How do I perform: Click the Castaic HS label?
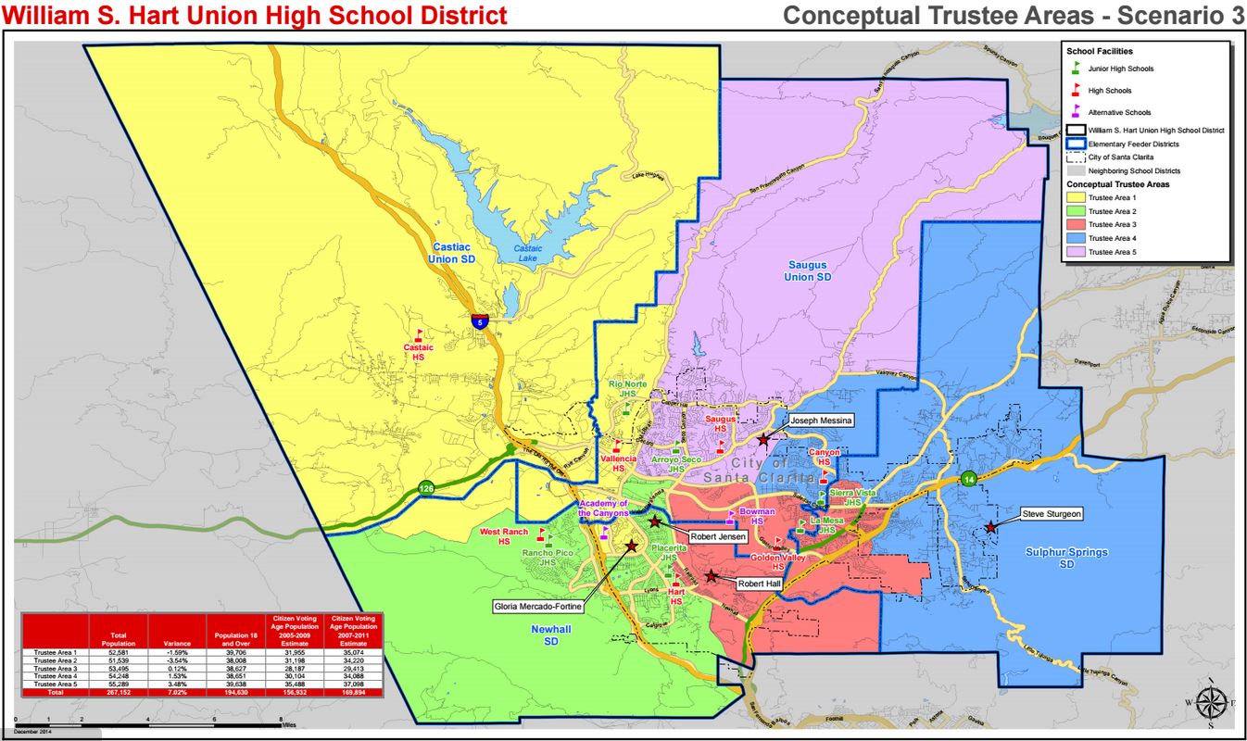418,352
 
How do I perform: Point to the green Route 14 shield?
968,479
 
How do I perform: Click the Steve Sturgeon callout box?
1052,513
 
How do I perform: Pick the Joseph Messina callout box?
820,420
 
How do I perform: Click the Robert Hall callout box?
761,584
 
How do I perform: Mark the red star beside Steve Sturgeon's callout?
990,527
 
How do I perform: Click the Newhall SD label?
551,634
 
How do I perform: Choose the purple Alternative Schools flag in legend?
1076,110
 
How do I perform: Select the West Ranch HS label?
503,536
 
